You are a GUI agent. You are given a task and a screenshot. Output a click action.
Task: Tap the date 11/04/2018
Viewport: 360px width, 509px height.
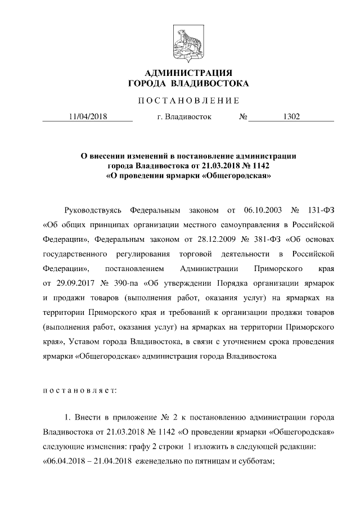pos(87,117)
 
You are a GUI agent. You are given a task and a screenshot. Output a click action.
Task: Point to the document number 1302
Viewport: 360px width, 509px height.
pos(291,117)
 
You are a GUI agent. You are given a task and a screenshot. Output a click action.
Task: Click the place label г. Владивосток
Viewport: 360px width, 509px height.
pos(184,117)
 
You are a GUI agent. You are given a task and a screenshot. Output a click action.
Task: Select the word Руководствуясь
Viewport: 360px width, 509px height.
pos(93,210)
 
